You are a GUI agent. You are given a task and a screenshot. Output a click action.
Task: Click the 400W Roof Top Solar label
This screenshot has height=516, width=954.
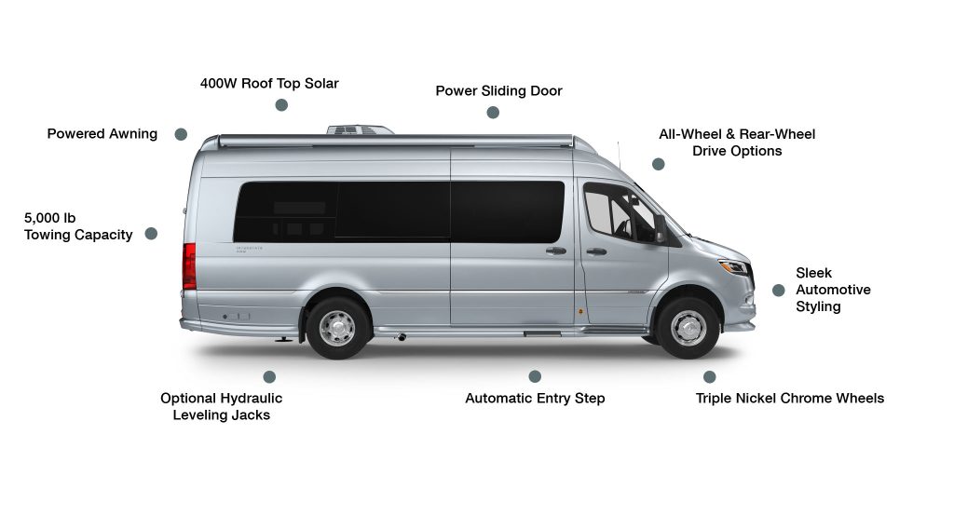(x=269, y=84)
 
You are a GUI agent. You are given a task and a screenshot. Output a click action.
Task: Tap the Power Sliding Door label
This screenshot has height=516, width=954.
(x=498, y=91)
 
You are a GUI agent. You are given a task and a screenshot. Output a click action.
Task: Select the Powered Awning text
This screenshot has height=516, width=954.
(x=102, y=134)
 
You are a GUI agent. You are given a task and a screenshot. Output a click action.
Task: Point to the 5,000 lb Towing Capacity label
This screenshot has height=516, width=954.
(x=78, y=226)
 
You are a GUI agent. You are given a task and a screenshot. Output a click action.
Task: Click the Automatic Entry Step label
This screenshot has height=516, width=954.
(x=535, y=399)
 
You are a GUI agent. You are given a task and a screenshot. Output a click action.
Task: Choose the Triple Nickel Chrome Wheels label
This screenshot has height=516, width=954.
(x=789, y=399)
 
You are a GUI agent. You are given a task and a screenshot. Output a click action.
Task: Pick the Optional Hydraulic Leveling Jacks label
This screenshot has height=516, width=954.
(x=221, y=406)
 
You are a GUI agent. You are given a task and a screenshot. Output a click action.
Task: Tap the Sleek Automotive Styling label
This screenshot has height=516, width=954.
(x=833, y=290)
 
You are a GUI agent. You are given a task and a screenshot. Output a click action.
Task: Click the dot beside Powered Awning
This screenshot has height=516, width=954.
(x=181, y=134)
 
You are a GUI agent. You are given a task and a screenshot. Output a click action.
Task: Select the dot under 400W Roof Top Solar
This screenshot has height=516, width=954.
(x=281, y=105)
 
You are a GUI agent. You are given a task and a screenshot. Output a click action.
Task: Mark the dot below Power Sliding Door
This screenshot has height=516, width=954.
(x=493, y=113)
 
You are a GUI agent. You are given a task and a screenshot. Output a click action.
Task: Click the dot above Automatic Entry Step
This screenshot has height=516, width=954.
(x=535, y=376)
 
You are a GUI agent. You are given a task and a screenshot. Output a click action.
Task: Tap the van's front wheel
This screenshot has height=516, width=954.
(x=688, y=328)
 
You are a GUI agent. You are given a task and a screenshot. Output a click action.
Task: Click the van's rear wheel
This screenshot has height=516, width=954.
(x=337, y=328)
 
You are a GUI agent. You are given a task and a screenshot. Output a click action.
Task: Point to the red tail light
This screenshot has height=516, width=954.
(x=189, y=266)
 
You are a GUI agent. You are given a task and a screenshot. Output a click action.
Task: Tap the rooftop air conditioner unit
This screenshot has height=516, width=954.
(x=359, y=129)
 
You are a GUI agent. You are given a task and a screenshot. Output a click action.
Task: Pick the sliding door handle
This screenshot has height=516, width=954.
(x=556, y=251)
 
